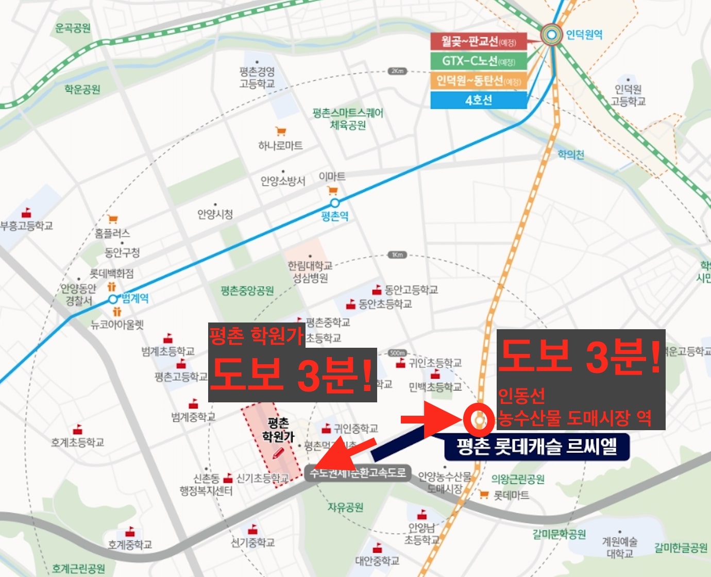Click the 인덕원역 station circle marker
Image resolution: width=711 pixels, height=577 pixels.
[552, 35]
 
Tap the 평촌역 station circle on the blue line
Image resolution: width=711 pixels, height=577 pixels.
[335, 203]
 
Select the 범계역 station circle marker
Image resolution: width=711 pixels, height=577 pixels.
[113, 299]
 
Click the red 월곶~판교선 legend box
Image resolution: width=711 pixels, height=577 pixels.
[478, 41]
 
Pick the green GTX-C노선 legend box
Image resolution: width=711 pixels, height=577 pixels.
[478, 61]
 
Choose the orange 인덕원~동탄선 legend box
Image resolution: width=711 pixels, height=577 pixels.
[478, 80]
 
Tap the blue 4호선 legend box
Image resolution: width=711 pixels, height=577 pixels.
[478, 100]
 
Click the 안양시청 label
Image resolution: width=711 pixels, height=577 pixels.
[215, 214]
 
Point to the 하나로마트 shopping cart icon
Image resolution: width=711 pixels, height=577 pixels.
[280, 131]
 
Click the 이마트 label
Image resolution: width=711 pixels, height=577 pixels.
[332, 177]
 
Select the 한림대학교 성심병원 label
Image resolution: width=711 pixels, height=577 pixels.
[310, 272]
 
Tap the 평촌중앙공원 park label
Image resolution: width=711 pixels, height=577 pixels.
[247, 291]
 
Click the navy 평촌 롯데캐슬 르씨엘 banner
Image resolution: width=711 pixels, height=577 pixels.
[537, 446]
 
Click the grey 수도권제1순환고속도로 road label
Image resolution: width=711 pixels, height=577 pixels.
[358, 472]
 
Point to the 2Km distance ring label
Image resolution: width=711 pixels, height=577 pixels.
[397, 71]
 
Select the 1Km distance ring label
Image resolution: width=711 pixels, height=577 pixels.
[397, 255]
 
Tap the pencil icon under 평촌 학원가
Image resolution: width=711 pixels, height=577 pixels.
[278, 453]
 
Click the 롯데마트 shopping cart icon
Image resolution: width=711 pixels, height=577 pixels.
[483, 495]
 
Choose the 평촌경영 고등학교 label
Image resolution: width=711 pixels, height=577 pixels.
[257, 77]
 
